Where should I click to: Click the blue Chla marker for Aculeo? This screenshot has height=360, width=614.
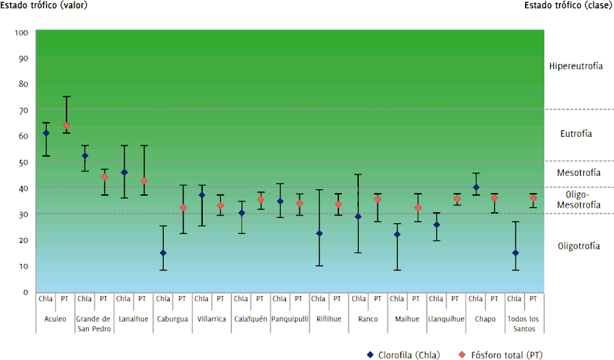(45, 133)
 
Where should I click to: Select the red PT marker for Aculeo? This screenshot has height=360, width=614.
(66, 125)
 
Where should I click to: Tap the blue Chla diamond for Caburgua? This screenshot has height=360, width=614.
(163, 253)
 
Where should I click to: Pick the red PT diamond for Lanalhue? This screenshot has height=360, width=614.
(144, 181)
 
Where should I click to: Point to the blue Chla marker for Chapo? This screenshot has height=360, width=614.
(475, 187)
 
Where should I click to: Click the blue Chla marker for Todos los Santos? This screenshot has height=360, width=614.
(515, 253)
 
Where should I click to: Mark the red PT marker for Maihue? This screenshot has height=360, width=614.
(418, 207)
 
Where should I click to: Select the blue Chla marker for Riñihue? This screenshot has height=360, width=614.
(319, 233)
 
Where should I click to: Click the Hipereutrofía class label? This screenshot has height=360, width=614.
(576, 67)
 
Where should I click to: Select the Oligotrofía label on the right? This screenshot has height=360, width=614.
(579, 246)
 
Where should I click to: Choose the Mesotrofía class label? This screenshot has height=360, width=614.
(579, 173)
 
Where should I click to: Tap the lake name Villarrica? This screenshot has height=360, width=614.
(211, 319)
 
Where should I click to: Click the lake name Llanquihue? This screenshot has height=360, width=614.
(446, 319)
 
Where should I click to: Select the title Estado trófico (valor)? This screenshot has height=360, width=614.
(43, 5)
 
